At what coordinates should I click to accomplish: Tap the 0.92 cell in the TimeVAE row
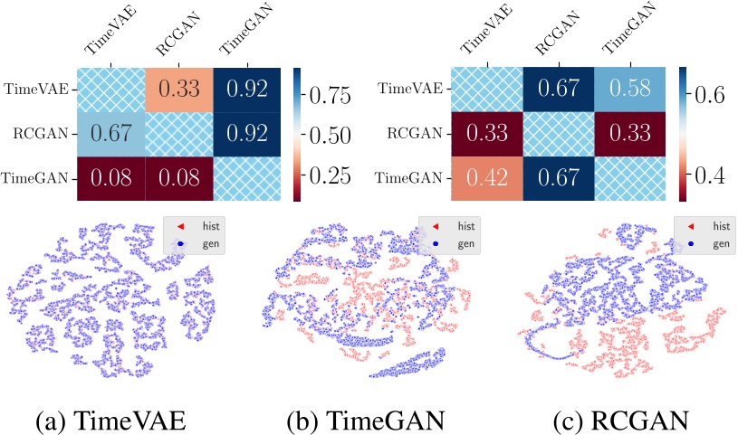pos(244,89)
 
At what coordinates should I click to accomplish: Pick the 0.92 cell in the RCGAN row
pos(244,134)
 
